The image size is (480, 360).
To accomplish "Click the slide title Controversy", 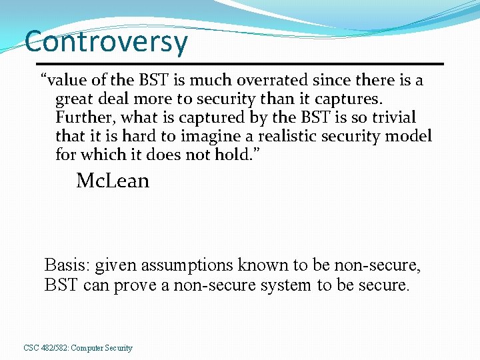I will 106,41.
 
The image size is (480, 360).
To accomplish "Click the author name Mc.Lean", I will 113,181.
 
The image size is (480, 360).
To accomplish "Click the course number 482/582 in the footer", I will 53,348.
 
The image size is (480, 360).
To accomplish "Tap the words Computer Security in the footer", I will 101,348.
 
